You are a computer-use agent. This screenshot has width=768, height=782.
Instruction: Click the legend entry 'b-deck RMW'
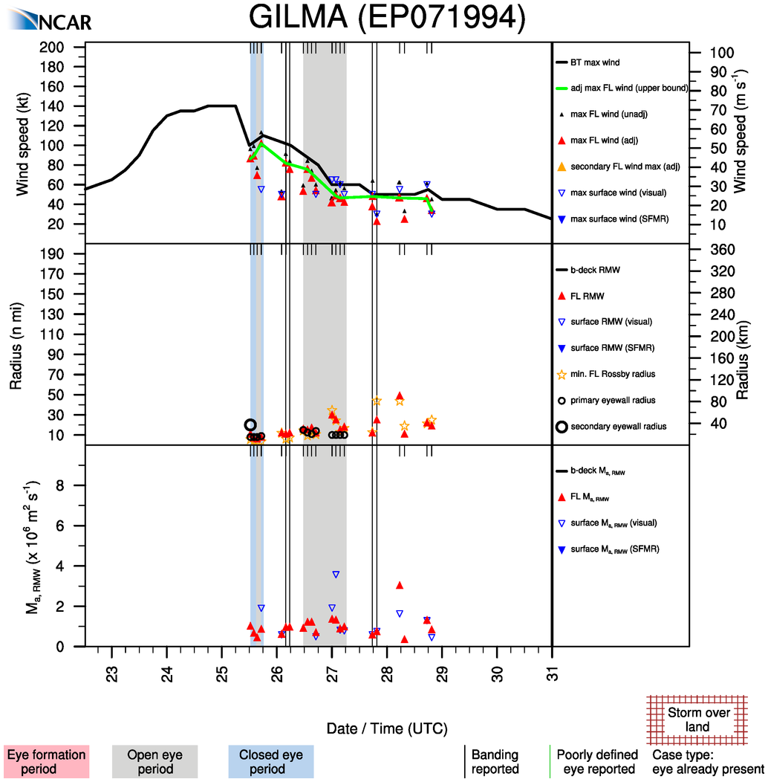596,270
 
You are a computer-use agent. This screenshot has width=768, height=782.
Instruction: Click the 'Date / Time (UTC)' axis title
387,728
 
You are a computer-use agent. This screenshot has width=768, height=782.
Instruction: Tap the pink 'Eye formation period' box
46,761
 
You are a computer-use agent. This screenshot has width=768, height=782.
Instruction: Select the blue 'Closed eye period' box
270,761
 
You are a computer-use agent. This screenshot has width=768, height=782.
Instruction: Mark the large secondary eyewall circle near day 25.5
250,425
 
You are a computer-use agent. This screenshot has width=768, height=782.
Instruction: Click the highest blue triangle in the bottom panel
336,575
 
